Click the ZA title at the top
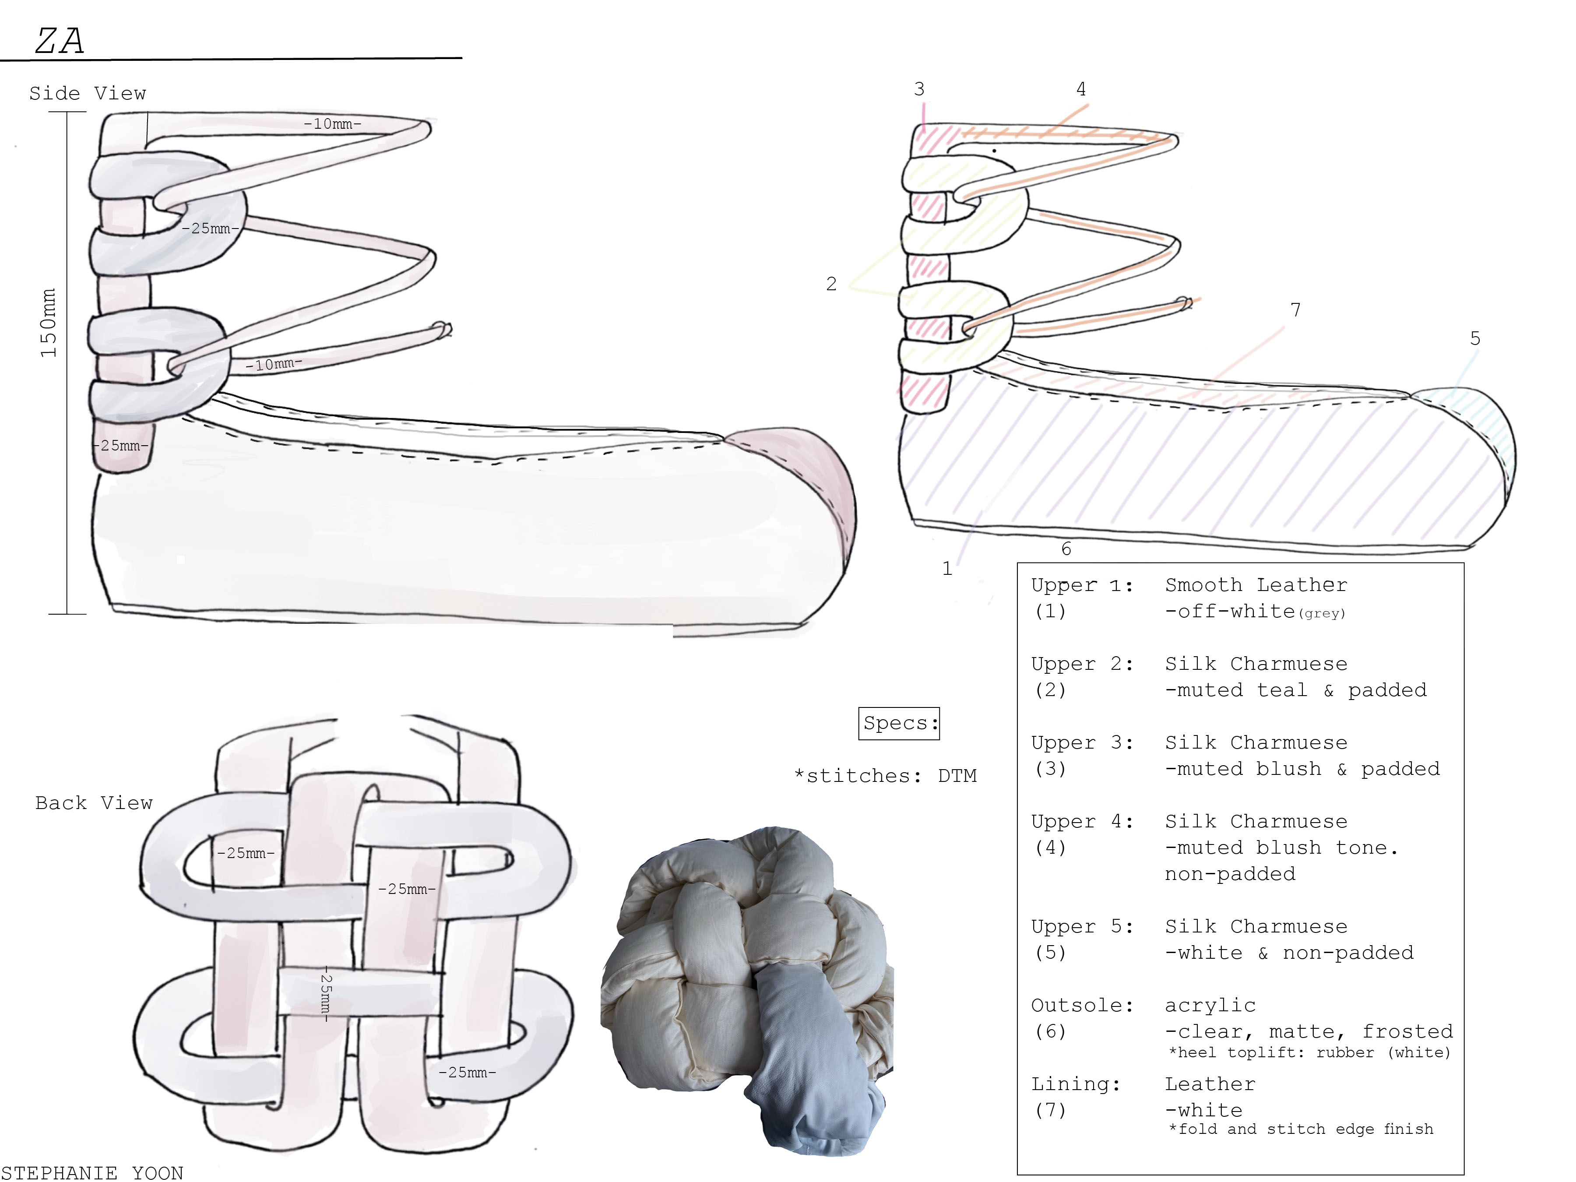pyautogui.click(x=60, y=41)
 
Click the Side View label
pyautogui.click(x=88, y=93)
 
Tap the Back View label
pyautogui.click(x=94, y=803)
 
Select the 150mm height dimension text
pyautogui.click(x=48, y=323)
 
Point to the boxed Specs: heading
pyautogui.click(x=899, y=723)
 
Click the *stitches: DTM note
pyautogui.click(x=886, y=776)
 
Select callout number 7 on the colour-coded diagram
pyautogui.click(x=1295, y=310)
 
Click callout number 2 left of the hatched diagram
pyautogui.click(x=831, y=284)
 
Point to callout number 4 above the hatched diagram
pyautogui.click(x=1081, y=89)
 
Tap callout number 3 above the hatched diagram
pyautogui.click(x=919, y=89)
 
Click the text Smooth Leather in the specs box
pyautogui.click(x=1256, y=585)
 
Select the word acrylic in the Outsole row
pyautogui.click(x=1210, y=1005)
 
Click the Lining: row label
pyautogui.click(x=1076, y=1084)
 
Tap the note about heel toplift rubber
pyautogui.click(x=1309, y=1053)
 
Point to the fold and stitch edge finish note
pyautogui.click(x=1301, y=1129)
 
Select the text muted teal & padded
pyautogui.click(x=1296, y=690)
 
